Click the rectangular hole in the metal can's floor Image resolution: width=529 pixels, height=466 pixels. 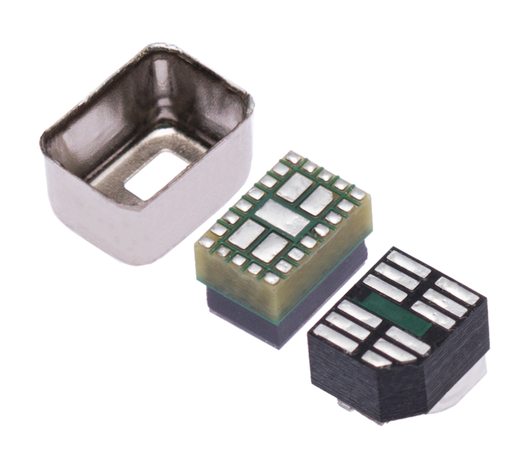156,176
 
